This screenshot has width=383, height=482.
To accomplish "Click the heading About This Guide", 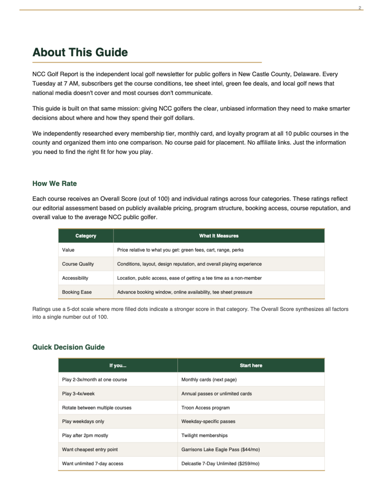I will (80, 53).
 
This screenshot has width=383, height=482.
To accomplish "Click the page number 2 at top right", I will (360, 8).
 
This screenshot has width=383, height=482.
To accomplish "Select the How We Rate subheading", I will (55, 184).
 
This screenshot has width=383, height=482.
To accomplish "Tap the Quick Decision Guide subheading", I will (69, 347).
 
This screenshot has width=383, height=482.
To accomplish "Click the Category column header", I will (85, 236).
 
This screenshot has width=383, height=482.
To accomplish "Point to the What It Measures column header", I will (219, 236).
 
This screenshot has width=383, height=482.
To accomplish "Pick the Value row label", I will (68, 250).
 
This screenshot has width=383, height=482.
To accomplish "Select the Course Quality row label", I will (78, 264).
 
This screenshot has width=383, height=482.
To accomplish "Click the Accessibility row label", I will (75, 278).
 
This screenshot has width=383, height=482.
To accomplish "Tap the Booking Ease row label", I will (77, 292).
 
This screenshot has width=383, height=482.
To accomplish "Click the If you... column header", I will (118, 366).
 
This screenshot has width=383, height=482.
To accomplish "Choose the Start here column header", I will (251, 366).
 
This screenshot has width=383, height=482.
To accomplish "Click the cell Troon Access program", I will (205, 408).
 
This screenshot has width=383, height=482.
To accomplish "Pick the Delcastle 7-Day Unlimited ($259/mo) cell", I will (220, 464).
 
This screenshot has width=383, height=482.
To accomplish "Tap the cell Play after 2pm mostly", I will (85, 435).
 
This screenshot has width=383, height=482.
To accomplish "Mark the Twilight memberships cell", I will (204, 435).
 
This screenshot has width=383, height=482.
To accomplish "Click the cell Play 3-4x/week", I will (78, 394).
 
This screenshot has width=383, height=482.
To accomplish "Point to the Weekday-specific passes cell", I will (208, 421).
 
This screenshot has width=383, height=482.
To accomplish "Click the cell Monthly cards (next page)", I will (209, 380).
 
